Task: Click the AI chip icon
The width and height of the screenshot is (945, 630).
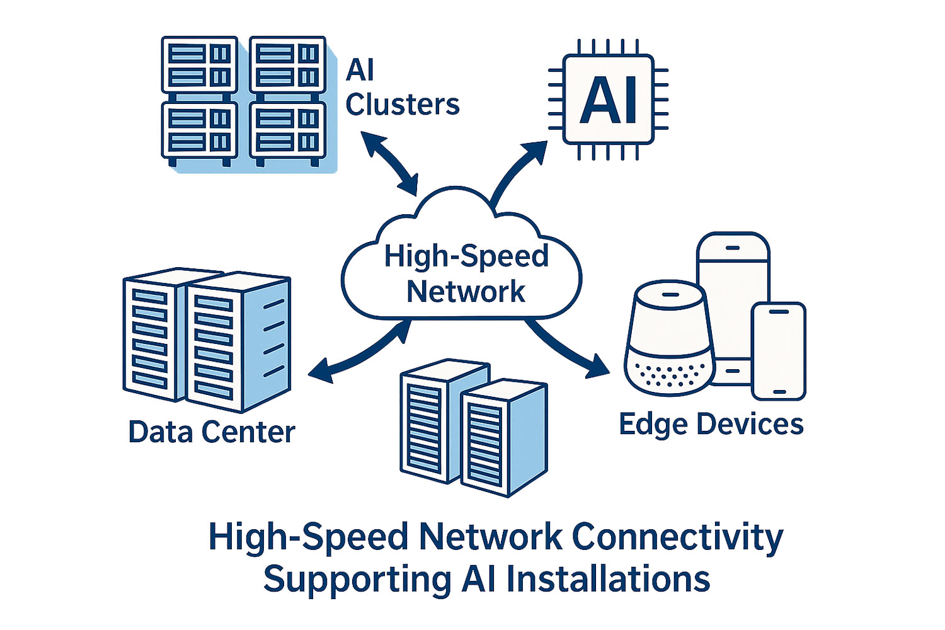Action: point(609,100)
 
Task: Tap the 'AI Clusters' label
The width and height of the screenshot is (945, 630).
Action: point(402,88)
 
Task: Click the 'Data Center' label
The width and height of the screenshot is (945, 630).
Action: point(212,432)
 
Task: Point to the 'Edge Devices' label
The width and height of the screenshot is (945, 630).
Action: point(711,424)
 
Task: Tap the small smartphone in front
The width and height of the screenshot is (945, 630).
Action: point(779,351)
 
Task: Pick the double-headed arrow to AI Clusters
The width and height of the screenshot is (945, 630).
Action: point(391,163)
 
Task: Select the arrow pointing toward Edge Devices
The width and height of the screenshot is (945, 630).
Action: point(564,349)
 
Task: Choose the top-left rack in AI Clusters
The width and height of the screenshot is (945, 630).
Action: point(199,65)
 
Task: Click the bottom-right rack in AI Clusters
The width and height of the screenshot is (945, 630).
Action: point(287,131)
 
